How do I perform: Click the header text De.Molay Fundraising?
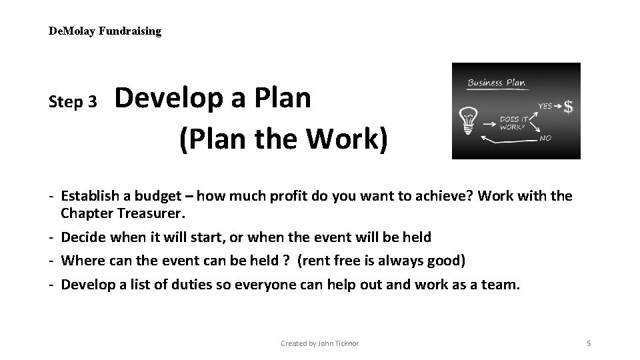coord(105,31)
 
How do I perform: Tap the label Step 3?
coord(73,102)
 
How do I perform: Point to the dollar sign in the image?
coord(569,107)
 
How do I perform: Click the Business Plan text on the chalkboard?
coord(496,83)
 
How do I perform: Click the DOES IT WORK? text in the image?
coord(513,122)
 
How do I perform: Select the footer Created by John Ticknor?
coord(319,343)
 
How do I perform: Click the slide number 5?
coord(589,343)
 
